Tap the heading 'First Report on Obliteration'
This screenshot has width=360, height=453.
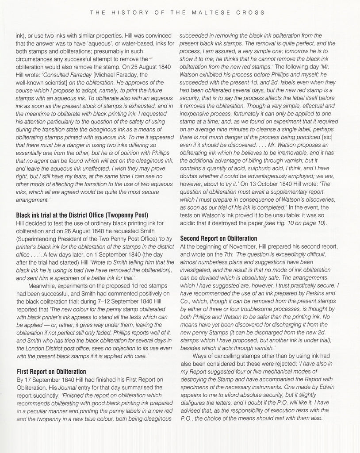pyautogui.click(x=51, y=371)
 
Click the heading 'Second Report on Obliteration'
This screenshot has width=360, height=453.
pyautogui.click(x=218, y=238)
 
